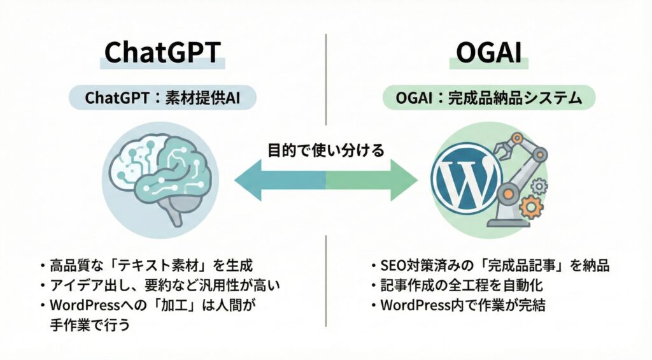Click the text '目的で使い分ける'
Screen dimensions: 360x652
(325, 151)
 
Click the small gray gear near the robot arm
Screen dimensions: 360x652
(539, 186)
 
